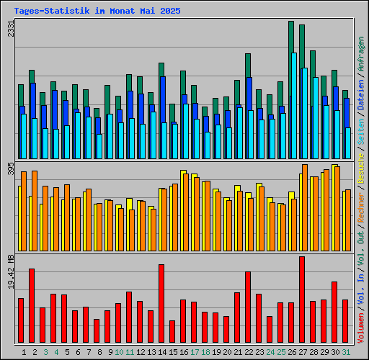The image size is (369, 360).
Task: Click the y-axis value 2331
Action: [x=11, y=30]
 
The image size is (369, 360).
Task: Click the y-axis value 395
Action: [x=11, y=168]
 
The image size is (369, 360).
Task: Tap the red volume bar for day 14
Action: [x=161, y=303]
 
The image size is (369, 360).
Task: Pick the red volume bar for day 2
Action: [x=32, y=305]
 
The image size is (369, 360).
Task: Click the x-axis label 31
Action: [x=345, y=352]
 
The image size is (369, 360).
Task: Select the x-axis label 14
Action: [x=161, y=352]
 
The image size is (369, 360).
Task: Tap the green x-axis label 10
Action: [x=118, y=352]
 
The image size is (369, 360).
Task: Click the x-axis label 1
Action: [x=24, y=352]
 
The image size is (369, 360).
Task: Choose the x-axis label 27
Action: [x=302, y=352]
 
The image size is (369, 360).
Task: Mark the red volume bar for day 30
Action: [x=334, y=312]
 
